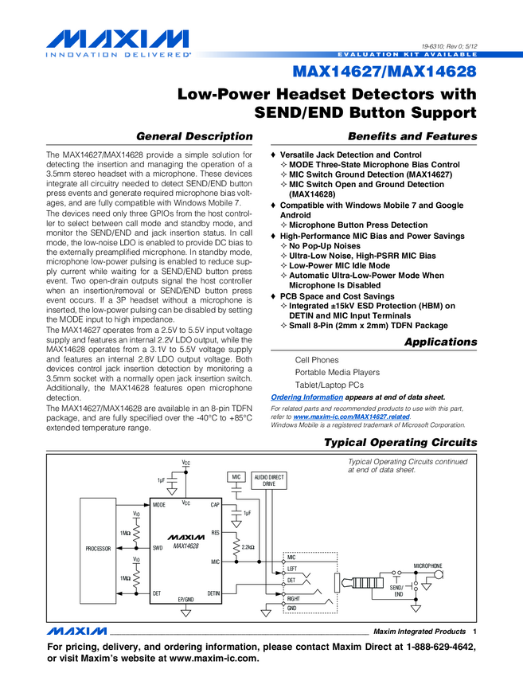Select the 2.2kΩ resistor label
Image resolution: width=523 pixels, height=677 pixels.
pyautogui.click(x=248, y=548)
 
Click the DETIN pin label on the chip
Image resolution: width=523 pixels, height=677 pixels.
pyautogui.click(x=213, y=593)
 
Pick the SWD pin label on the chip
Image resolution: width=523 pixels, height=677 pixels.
pyautogui.click(x=158, y=549)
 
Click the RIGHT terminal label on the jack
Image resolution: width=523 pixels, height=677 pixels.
pyautogui.click(x=294, y=597)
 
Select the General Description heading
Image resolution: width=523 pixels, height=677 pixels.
pyautogui.click(x=195, y=136)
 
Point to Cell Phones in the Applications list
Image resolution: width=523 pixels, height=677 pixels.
pyautogui.click(x=317, y=360)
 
